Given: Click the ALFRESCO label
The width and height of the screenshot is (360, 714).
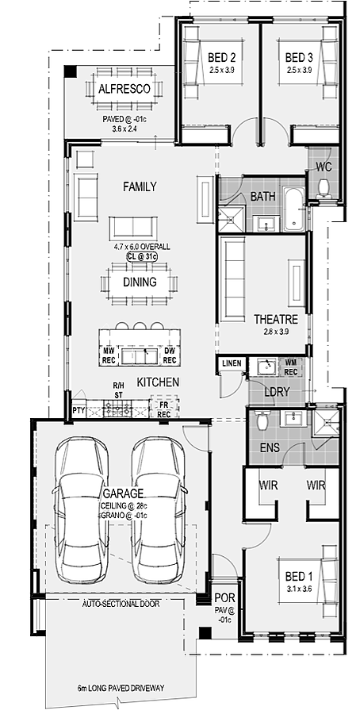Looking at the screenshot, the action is pyautogui.click(x=124, y=89).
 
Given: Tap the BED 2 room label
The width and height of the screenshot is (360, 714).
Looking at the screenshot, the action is pyautogui.click(x=222, y=58).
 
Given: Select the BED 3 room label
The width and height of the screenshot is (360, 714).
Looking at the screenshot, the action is pyautogui.click(x=299, y=58).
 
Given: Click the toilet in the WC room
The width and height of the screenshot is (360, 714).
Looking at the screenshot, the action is pyautogui.click(x=324, y=187).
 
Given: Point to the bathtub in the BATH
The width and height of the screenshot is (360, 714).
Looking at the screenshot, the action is pyautogui.click(x=293, y=208).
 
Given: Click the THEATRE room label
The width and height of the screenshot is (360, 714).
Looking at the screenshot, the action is pyautogui.click(x=276, y=319).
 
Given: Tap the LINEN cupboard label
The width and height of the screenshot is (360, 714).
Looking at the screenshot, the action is pyautogui.click(x=232, y=363).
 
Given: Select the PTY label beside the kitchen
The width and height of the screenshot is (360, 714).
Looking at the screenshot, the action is pyautogui.click(x=79, y=411).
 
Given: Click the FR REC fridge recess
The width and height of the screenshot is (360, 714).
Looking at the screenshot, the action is pyautogui.click(x=164, y=409).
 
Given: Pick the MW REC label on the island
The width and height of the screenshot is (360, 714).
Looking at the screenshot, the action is pyautogui.click(x=109, y=355).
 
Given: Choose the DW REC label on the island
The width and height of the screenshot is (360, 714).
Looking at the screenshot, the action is pyautogui.click(x=170, y=355).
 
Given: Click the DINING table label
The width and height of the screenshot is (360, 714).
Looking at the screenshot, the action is pyautogui.click(x=140, y=282).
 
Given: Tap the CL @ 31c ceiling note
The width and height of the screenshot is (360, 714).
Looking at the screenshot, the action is pyautogui.click(x=142, y=257).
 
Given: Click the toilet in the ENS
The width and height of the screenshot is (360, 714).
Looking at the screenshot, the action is pyautogui.click(x=262, y=420).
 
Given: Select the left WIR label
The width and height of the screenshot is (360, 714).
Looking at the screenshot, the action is pyautogui.click(x=267, y=485).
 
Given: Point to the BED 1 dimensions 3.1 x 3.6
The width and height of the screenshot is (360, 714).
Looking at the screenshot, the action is pyautogui.click(x=299, y=589).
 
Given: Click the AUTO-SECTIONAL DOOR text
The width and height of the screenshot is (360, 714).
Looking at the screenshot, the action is pyautogui.click(x=121, y=605).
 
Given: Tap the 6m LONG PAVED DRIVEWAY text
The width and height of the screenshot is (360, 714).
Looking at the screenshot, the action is pyautogui.click(x=121, y=688).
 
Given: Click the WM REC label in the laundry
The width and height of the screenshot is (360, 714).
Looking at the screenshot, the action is pyautogui.click(x=291, y=368).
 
